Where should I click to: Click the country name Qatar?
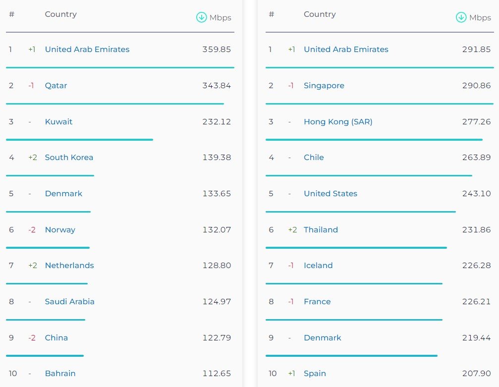tap(56, 86)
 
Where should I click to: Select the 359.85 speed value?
tap(217, 50)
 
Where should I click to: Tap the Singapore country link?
tap(324, 86)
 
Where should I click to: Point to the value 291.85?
tap(476, 50)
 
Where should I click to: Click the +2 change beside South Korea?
tap(33, 158)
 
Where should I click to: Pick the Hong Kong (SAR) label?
tap(338, 122)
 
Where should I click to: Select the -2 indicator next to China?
tap(32, 338)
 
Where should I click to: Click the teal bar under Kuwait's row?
tap(79, 140)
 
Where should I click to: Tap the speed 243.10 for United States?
tap(476, 194)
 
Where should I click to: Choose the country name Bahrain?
tap(60, 374)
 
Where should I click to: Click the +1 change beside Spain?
tap(292, 374)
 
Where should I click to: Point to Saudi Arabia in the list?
tap(69, 302)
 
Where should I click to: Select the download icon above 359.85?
tap(201, 17)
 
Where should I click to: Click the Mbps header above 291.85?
tap(480, 18)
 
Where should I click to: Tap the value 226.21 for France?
tap(476, 302)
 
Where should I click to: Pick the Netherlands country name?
tap(69, 266)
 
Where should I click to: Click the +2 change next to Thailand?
tap(292, 230)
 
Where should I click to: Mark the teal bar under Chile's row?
tap(369, 175)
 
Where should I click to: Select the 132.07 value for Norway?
tap(217, 230)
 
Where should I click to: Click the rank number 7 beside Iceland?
tap(271, 266)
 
